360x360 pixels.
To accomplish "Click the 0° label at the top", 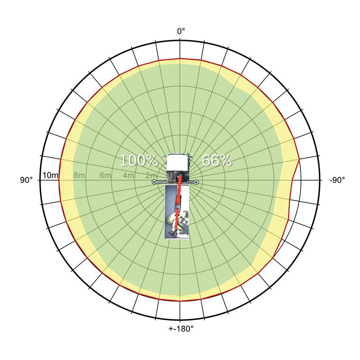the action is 181,31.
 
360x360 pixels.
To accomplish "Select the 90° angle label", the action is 27,180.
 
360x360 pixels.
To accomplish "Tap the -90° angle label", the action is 337,180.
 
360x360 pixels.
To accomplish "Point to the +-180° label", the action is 181,329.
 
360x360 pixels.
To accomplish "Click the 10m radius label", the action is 50,175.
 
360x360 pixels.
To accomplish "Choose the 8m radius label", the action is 79,175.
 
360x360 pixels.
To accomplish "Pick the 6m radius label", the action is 105,175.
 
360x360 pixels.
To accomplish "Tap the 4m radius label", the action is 128,175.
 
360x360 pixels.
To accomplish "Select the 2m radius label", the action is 151,175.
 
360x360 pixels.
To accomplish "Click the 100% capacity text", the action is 139,160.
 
